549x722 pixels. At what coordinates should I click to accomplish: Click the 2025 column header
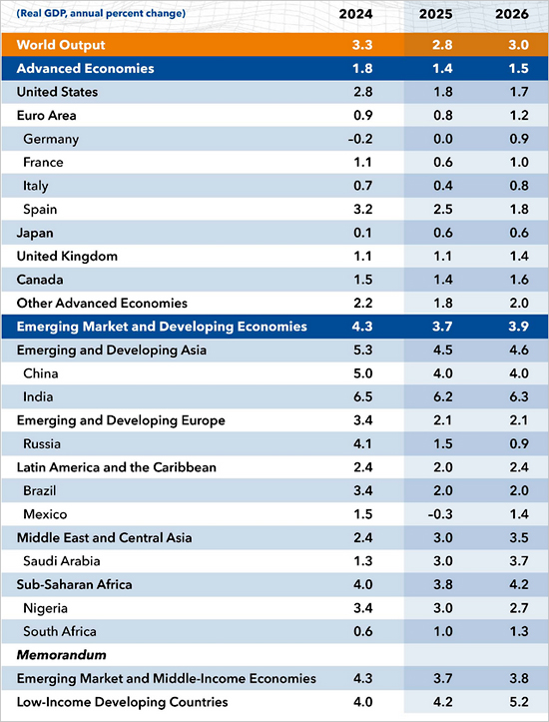pyautogui.click(x=435, y=14)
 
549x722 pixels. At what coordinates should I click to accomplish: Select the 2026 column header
pyautogui.click(x=512, y=14)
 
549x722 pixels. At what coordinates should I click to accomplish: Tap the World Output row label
pyautogui.click(x=61, y=45)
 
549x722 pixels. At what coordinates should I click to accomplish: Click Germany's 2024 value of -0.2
pyautogui.click(x=360, y=139)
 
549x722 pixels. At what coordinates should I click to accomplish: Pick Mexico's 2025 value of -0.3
pyautogui.click(x=440, y=514)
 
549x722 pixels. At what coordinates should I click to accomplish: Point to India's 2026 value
pyautogui.click(x=519, y=396)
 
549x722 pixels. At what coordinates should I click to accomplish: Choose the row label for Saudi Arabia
pyautogui.click(x=62, y=561)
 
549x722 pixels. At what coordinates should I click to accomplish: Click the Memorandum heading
pyautogui.click(x=61, y=655)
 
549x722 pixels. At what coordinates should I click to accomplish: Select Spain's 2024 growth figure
pyautogui.click(x=363, y=210)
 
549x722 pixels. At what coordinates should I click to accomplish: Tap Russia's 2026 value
pyautogui.click(x=519, y=443)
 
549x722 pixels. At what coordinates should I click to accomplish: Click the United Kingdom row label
pyautogui.click(x=67, y=257)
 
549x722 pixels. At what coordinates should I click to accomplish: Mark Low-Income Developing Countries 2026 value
pyautogui.click(x=519, y=702)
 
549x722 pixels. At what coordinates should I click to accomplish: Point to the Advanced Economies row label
pyautogui.click(x=85, y=69)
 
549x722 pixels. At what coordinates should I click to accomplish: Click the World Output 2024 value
pyautogui.click(x=362, y=45)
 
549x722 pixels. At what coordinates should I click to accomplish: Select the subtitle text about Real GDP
pyautogui.click(x=101, y=13)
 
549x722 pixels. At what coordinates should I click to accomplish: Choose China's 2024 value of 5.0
pyautogui.click(x=363, y=373)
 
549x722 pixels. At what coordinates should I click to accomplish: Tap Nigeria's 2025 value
pyautogui.click(x=443, y=608)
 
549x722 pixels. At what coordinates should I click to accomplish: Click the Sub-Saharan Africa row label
pyautogui.click(x=74, y=585)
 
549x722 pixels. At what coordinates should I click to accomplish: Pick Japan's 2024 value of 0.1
pyautogui.click(x=363, y=233)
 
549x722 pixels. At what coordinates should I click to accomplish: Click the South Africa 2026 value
pyautogui.click(x=519, y=632)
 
